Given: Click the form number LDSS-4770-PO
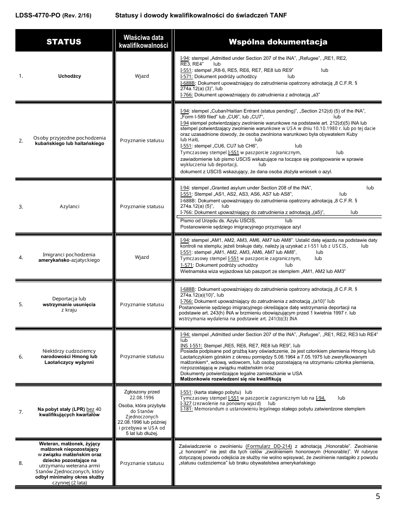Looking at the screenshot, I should pos(38,15).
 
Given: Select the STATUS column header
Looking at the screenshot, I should pos(64,42).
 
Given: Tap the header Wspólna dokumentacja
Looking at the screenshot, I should pos(278,42).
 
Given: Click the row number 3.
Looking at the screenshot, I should pos(21,206).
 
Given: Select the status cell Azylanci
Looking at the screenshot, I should pos(69,206).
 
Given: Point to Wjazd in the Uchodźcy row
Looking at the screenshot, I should pos(142,76).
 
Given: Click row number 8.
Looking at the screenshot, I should pos(21,463).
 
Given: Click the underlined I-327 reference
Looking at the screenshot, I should pos(185,403).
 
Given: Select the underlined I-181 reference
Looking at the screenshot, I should pos(186,409).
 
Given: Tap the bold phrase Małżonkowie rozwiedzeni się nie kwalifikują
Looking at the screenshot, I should pos(231,379).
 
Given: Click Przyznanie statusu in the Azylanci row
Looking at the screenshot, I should pos(142,206).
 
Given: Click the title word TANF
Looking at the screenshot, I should pos(278,15).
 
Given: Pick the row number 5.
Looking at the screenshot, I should pos(21,305).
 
